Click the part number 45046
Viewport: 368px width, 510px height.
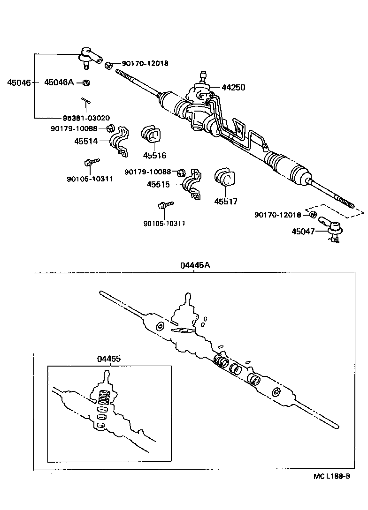pyautogui.click(x=18, y=83)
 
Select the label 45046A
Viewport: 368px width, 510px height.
pyautogui.click(x=59, y=82)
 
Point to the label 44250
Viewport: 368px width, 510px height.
pyautogui.click(x=233, y=88)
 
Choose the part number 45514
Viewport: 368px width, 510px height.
pyautogui.click(x=85, y=140)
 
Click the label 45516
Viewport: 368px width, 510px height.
pyautogui.click(x=155, y=156)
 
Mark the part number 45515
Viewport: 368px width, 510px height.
pyautogui.click(x=158, y=185)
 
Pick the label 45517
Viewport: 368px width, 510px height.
pyautogui.click(x=226, y=202)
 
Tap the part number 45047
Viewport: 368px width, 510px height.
pyautogui.click(x=303, y=231)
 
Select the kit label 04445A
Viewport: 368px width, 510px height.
pyautogui.click(x=195, y=265)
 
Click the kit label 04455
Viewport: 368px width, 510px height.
pyautogui.click(x=109, y=359)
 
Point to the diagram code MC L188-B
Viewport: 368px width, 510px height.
pyautogui.click(x=332, y=476)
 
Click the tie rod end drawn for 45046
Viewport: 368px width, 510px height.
pyautogui.click(x=90, y=56)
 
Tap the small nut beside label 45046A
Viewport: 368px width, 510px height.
pyautogui.click(x=85, y=83)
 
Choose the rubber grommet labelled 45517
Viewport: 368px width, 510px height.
pyautogui.click(x=223, y=178)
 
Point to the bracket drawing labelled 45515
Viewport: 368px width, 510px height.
pyautogui.click(x=192, y=184)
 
